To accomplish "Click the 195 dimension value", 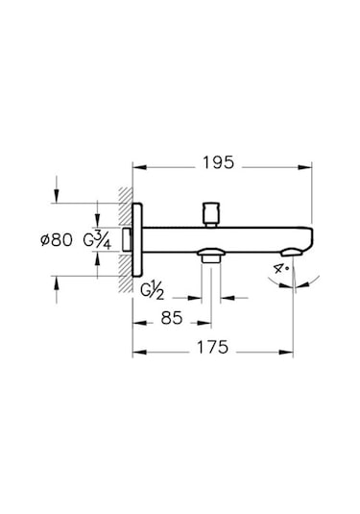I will (219, 162).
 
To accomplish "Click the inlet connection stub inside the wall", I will (128, 238).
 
